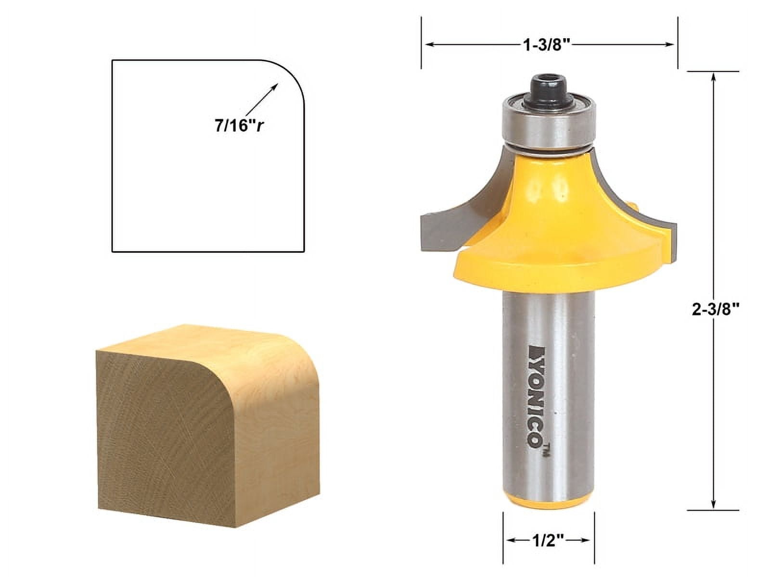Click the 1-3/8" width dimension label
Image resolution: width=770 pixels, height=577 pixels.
tap(547, 45)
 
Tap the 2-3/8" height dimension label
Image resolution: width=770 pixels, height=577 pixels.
tap(715, 310)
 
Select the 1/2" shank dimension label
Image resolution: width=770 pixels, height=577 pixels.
tap(549, 541)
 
